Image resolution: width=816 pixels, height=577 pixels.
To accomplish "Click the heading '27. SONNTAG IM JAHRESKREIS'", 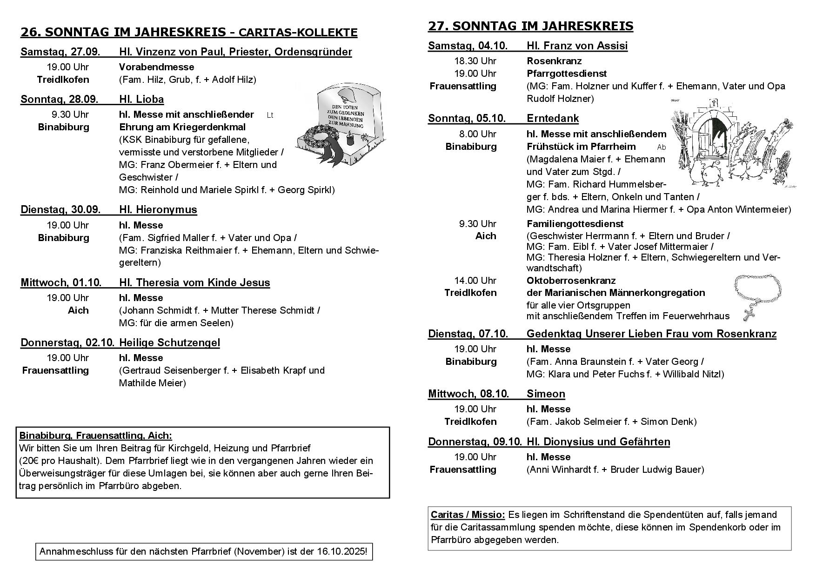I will coord(530,26).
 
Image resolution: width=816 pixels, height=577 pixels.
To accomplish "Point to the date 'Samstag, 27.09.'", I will coord(61,52).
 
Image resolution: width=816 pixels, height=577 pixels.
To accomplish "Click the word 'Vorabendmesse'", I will coord(156,67).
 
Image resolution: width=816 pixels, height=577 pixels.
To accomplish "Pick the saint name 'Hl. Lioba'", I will coord(141,99).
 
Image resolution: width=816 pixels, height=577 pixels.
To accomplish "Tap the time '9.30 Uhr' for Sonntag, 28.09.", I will coord(70,114).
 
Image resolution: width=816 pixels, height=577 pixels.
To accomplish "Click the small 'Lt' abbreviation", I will coord(270,115).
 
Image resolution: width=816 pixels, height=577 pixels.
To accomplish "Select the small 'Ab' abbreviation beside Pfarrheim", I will coord(661,148).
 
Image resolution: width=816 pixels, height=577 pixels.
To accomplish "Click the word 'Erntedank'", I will coord(553,118).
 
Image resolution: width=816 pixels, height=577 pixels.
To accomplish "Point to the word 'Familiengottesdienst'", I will coord(575,224).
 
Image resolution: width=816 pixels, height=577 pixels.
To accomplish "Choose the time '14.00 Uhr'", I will coord(475,281).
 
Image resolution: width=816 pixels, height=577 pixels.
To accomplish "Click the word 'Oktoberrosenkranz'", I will coord(571,281).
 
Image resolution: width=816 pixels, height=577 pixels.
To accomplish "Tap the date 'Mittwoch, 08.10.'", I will coord(468,394).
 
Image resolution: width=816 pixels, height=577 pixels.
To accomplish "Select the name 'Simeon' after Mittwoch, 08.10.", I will coord(546,394).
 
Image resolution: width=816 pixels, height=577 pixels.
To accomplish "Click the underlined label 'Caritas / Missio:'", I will coord(468,515).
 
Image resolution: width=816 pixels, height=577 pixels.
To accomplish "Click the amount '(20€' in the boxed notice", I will coord(30,461).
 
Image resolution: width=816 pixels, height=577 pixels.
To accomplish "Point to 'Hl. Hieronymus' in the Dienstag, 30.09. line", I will coord(158,209).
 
